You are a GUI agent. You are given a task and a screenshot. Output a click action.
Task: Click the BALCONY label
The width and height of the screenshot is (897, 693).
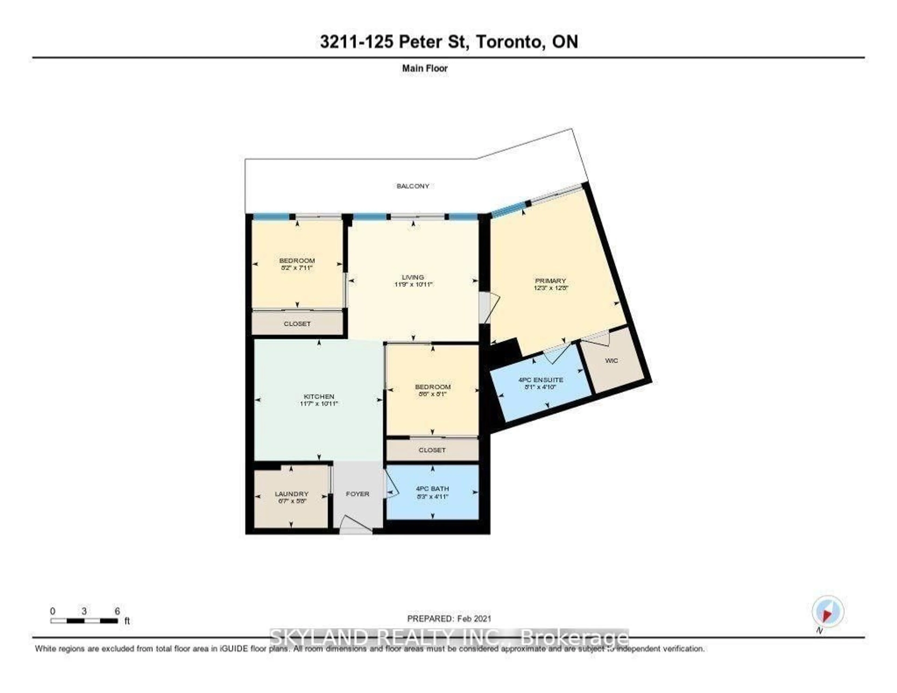coord(413,186)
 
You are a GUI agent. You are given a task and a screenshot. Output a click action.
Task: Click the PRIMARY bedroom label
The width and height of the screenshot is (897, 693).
coord(550,281)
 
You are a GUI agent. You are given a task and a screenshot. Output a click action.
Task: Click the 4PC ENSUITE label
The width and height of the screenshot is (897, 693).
coord(541,380)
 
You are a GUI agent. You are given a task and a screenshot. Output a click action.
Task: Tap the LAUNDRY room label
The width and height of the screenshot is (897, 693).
coord(291,494)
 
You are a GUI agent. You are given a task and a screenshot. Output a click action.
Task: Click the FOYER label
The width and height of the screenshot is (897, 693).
coord(357,494)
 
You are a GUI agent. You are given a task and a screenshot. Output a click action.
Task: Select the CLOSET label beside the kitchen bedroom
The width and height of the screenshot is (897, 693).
coord(432,450)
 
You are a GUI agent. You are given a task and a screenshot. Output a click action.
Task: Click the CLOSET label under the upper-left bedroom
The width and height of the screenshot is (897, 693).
coord(297,324)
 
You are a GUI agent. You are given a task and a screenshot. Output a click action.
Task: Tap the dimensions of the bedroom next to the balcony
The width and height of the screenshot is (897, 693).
coord(297,268)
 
